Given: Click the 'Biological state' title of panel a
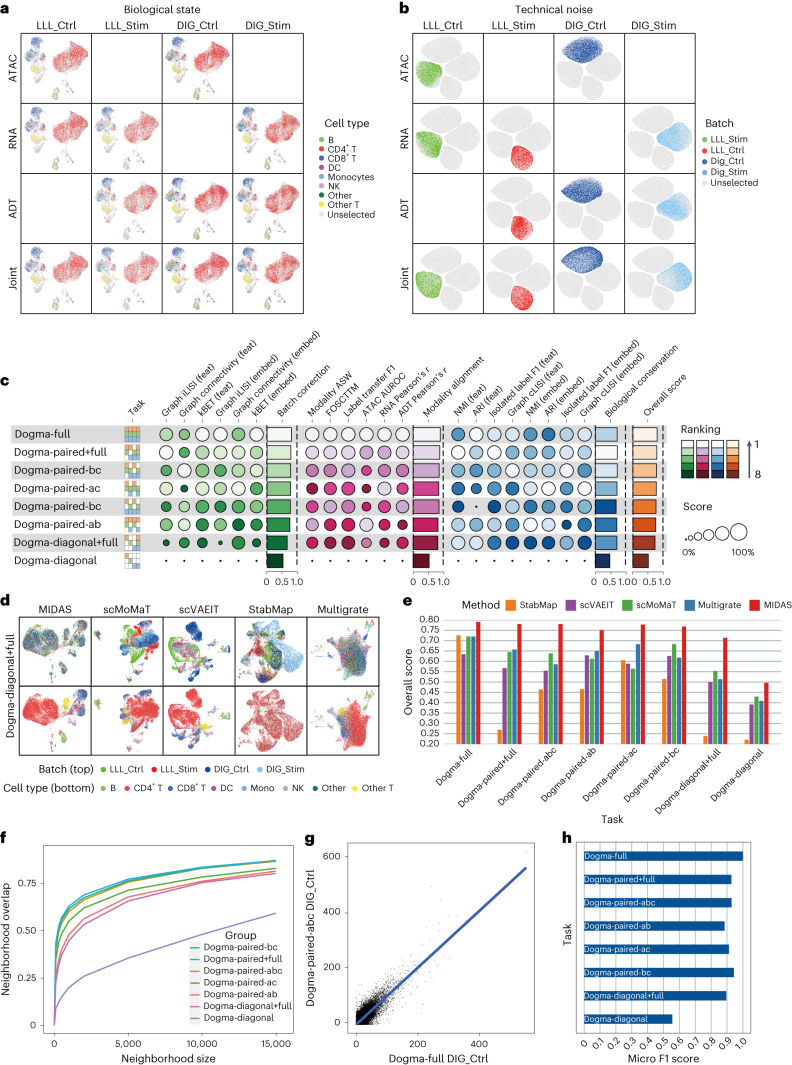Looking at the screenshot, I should [161, 9].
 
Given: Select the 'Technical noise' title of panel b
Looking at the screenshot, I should [567, 9].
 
